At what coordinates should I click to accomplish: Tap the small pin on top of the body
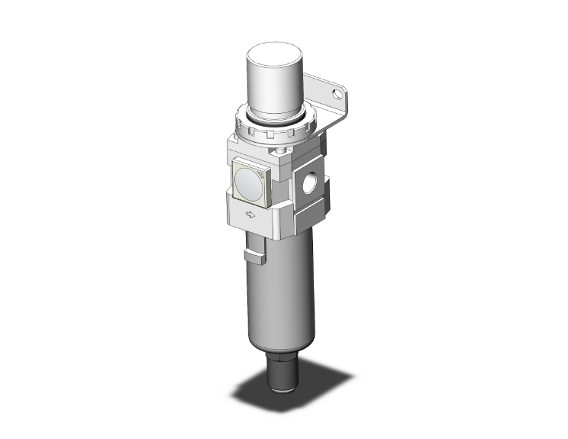pyautogui.click(x=284, y=152)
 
